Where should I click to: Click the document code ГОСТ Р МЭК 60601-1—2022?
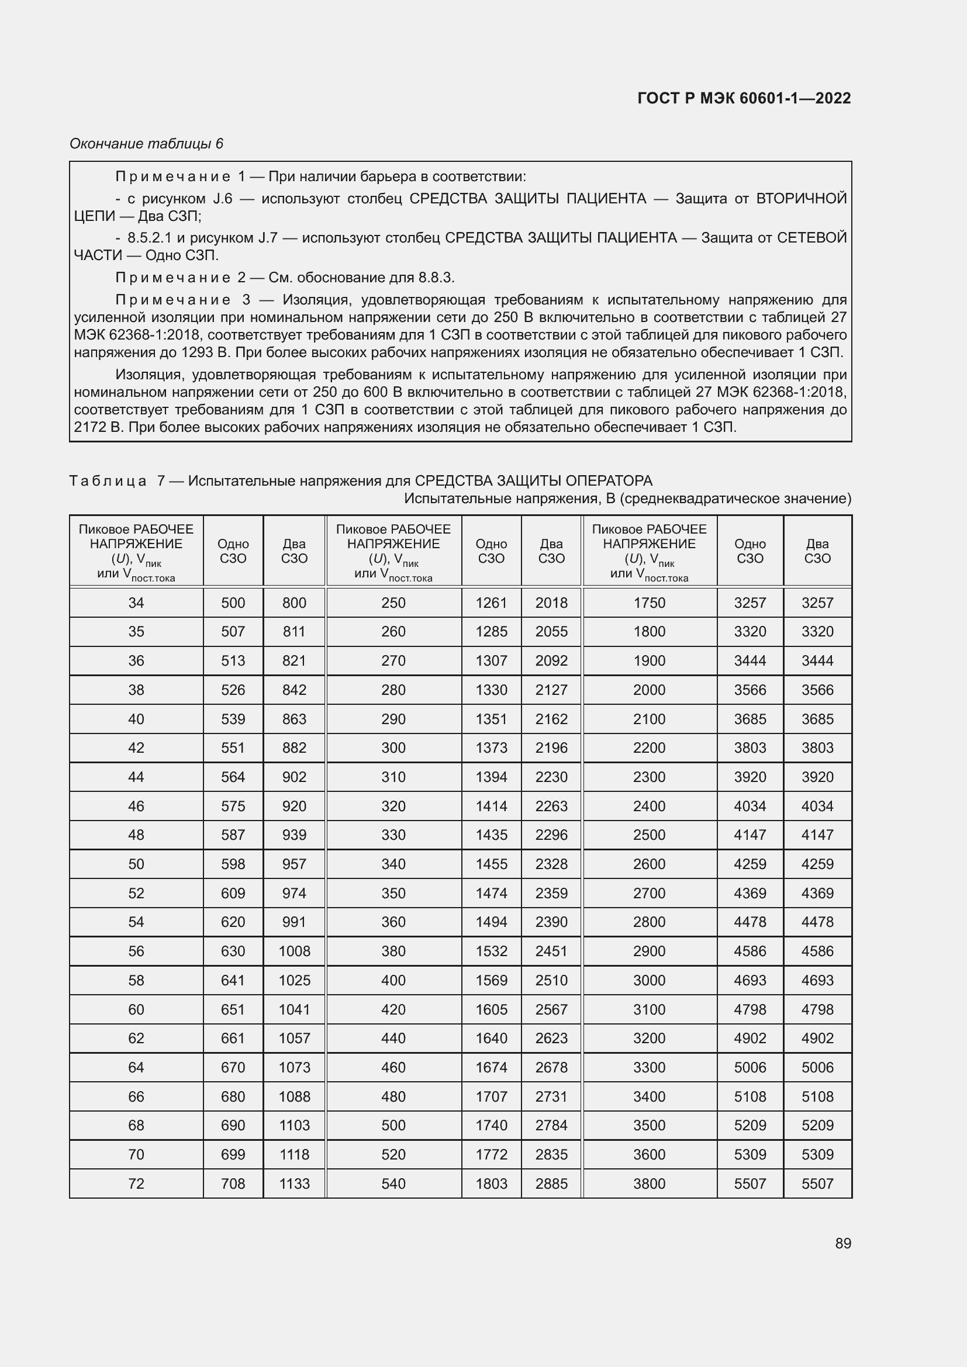tap(744, 98)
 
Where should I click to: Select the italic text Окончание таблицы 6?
tap(146, 144)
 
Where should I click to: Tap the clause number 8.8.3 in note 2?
tap(436, 278)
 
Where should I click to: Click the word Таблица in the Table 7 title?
tap(108, 480)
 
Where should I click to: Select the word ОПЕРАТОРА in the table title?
tap(608, 480)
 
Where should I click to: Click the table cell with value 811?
tap(294, 631)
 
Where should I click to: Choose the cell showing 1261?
tap(491, 603)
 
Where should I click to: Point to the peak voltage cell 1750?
tap(649, 603)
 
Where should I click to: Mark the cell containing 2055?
tap(551, 631)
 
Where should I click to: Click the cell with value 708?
tap(233, 1183)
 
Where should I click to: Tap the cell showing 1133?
tap(294, 1183)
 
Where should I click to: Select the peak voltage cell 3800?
tap(649, 1183)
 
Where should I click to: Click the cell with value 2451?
tap(551, 951)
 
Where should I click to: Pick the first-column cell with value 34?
tap(136, 603)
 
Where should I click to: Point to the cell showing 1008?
tap(294, 951)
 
